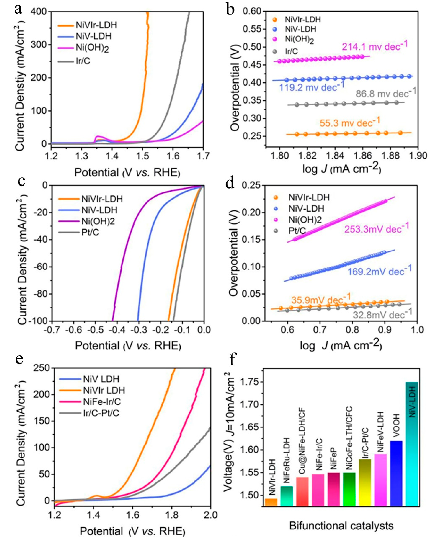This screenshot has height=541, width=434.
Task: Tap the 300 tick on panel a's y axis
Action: pos(40,45)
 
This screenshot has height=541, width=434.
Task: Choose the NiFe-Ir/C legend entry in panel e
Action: pos(102,402)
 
